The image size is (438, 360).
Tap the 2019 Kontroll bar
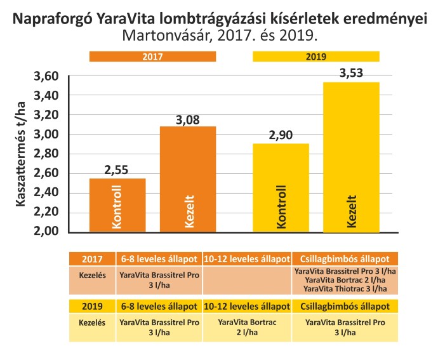point(281,187)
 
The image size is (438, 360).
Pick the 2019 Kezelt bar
point(352,157)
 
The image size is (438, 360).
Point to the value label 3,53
point(352,73)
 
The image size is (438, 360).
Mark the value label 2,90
point(281,135)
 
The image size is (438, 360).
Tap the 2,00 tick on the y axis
point(46,232)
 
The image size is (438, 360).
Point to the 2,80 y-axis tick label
point(46,154)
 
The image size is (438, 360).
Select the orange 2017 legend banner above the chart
point(152,57)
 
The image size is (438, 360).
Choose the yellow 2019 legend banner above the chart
point(315,57)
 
